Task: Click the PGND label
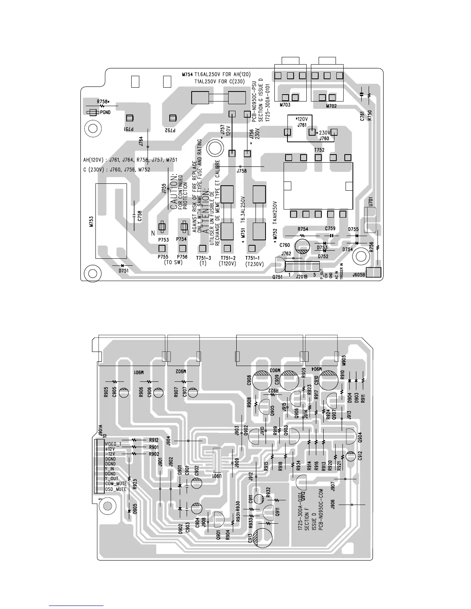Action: [105, 113]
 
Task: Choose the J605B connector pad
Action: [373, 273]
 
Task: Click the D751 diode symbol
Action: [123, 266]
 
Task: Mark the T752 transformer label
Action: [319, 150]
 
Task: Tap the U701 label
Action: [370, 201]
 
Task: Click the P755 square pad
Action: [166, 248]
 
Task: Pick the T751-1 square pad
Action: [252, 248]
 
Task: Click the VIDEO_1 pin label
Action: [113, 444]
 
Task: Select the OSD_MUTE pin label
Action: [116, 489]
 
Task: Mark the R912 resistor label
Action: [154, 440]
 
